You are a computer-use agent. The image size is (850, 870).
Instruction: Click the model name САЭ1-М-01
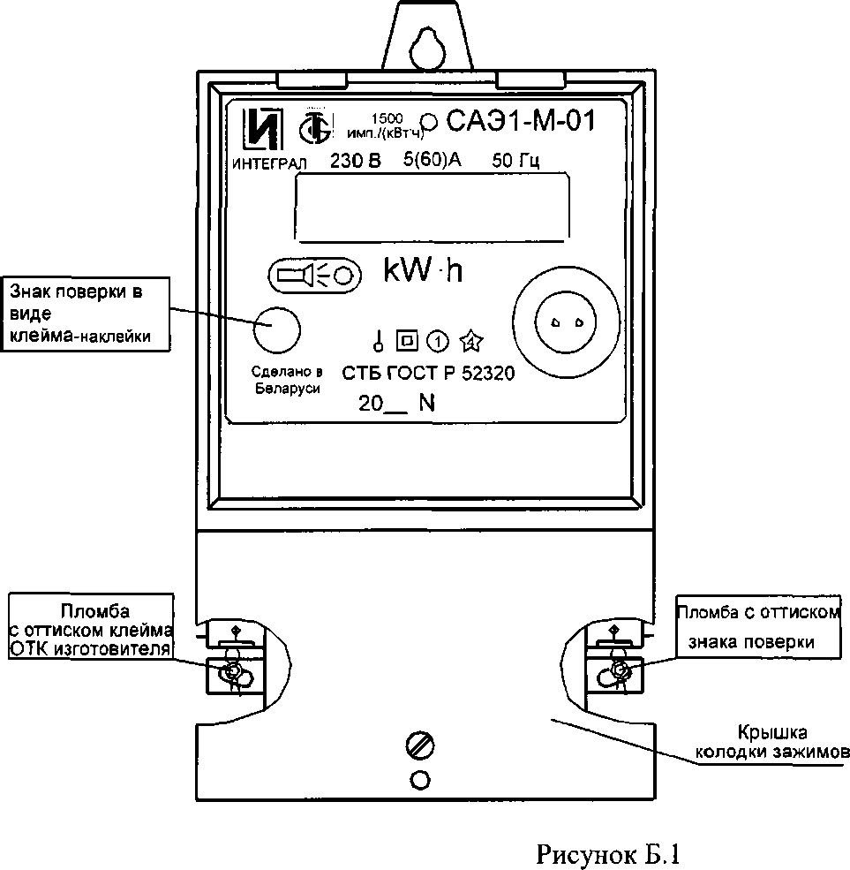pos(521,120)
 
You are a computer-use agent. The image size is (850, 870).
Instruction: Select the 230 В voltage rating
pos(356,161)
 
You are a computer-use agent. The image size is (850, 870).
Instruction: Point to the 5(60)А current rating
pos(432,160)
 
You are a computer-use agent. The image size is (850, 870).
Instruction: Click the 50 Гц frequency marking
pos(515,161)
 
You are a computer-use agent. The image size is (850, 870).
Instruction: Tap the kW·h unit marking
pos(423,270)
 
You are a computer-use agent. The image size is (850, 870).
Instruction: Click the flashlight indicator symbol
pos(314,275)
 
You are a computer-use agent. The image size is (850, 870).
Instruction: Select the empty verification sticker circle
pos(276,329)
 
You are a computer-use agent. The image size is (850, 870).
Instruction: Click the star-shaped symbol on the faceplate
pos(471,341)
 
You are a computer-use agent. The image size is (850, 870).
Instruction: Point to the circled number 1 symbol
pos(438,342)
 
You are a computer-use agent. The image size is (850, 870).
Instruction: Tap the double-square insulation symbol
pos(407,341)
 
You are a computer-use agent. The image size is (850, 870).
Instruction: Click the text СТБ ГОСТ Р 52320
pos(428,374)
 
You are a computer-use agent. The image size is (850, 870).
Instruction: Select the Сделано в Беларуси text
pos(287,380)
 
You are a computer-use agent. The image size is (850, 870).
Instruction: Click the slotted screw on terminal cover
pos(420,745)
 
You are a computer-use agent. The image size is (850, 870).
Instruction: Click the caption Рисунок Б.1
pos(607,853)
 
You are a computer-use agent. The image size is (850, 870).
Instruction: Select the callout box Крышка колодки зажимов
pos(771,743)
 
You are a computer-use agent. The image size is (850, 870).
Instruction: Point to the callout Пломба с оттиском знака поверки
pos(758,627)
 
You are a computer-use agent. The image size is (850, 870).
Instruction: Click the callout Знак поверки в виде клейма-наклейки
pos(85,314)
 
